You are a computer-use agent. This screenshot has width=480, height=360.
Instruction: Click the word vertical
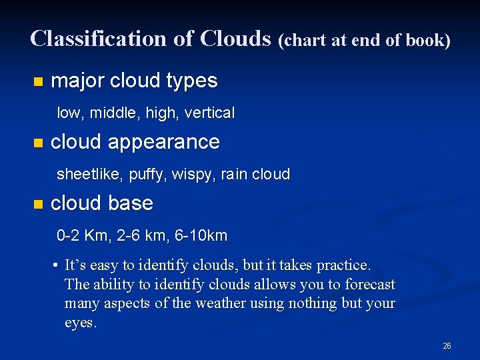(x=209, y=113)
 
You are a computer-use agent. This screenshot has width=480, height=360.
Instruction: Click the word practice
(x=345, y=265)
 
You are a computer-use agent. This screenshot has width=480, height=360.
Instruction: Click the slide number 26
(x=447, y=345)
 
